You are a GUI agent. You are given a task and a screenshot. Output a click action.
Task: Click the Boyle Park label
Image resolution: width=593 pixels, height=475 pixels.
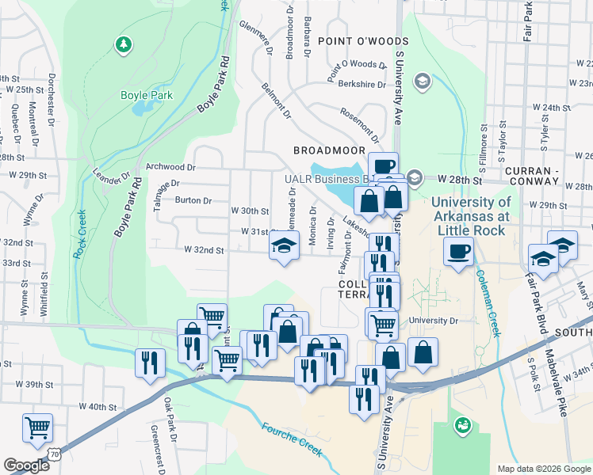pos(146,96)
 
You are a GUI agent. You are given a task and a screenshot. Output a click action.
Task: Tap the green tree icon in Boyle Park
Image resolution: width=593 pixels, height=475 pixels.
pos(123,44)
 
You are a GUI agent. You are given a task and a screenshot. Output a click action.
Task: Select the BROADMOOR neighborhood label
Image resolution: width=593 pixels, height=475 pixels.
pos(329,150)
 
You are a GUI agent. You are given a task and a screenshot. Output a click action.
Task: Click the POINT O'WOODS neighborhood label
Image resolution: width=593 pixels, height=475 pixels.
pos(363,41)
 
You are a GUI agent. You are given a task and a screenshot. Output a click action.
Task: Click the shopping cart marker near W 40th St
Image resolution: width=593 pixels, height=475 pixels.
pos(38,428)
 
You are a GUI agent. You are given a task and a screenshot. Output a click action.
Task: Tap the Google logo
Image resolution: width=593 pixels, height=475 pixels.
pos(27,465)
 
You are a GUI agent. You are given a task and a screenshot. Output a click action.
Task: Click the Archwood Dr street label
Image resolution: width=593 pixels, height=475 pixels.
pos(170,167)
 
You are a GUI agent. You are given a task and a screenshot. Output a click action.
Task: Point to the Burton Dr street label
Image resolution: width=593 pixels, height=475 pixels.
pos(193,200)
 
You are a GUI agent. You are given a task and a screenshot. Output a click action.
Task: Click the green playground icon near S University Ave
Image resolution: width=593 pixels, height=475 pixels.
pos(461,427)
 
